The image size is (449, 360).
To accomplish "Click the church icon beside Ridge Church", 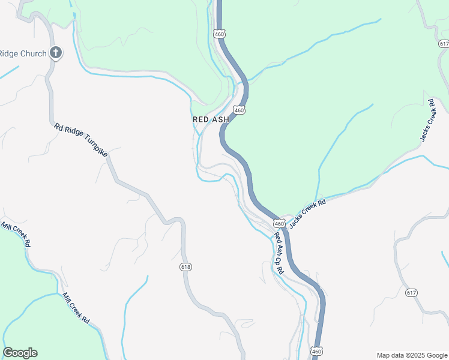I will tap(56, 53).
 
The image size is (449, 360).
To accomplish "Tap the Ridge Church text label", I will tap(23, 53).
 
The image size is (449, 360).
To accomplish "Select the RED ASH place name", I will tap(211, 119).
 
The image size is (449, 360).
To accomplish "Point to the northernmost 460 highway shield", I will tap(220, 34).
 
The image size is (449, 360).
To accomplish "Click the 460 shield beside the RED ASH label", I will tap(240, 110).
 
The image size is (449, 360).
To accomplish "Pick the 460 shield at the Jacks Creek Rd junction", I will tap(279, 223).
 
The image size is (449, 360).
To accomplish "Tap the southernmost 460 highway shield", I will tap(316, 350).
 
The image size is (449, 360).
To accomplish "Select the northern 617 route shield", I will tap(444, 44).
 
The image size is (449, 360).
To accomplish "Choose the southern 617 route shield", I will tap(411, 292).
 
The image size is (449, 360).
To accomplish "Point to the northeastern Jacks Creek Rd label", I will tap(427, 120).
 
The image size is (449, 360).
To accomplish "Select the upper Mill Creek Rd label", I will tap(16, 236).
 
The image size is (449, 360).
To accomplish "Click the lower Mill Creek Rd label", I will tap(77, 308).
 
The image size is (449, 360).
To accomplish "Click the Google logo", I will tap(20, 353).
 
